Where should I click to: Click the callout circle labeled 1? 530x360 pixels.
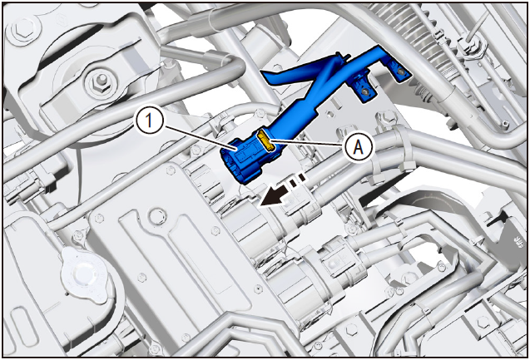[x=150, y=121]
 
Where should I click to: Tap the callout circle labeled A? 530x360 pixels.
[x=359, y=147]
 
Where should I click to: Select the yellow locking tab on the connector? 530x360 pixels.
[x=265, y=141]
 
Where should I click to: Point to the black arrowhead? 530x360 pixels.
[x=271, y=197]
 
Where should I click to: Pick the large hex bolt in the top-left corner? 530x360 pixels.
[x=23, y=29]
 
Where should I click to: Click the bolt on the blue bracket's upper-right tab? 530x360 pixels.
[x=401, y=71]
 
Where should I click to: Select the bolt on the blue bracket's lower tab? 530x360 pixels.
[x=365, y=91]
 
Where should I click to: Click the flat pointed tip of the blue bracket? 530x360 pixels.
[x=266, y=74]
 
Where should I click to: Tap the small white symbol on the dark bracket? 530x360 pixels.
[x=518, y=242]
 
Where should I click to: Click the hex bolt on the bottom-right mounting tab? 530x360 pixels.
[x=483, y=323]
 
